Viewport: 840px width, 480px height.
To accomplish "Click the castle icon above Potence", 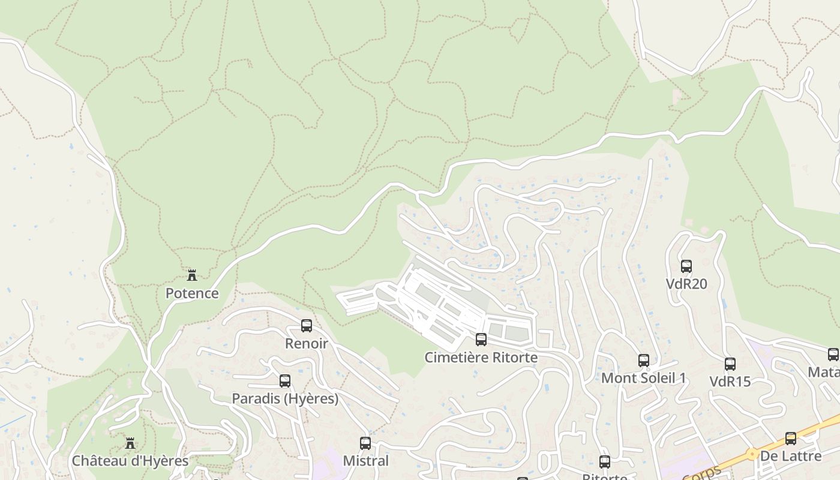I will coord(192,275).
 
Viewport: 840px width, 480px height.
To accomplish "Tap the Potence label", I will coord(192,293).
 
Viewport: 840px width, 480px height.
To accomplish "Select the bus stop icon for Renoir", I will coord(307,326).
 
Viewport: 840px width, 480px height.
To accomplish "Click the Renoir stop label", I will coord(307,344).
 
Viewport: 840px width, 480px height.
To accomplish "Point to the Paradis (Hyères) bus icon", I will coord(285,381).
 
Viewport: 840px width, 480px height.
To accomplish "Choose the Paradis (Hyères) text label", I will coord(285,398).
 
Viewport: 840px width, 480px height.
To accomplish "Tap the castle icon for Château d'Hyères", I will coord(130,443).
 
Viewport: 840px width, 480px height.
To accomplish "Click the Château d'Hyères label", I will coord(130,461).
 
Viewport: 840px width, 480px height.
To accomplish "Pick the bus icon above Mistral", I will coord(365,443).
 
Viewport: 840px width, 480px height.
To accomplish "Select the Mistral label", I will coord(365,461).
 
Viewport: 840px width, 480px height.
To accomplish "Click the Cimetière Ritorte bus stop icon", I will coord(481,340).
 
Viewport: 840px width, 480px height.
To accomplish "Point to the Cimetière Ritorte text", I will coord(481,358).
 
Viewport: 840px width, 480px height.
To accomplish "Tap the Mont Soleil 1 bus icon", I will coord(644,361).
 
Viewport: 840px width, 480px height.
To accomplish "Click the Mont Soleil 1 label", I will coord(644,378).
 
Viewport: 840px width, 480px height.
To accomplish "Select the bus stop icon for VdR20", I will coord(686,266).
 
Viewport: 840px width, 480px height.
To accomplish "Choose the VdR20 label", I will coord(686,284).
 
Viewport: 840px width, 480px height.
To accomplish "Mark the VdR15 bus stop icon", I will coord(730,364).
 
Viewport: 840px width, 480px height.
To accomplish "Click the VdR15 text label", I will coord(730,382).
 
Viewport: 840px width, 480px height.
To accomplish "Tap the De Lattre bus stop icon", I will coord(791,439).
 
